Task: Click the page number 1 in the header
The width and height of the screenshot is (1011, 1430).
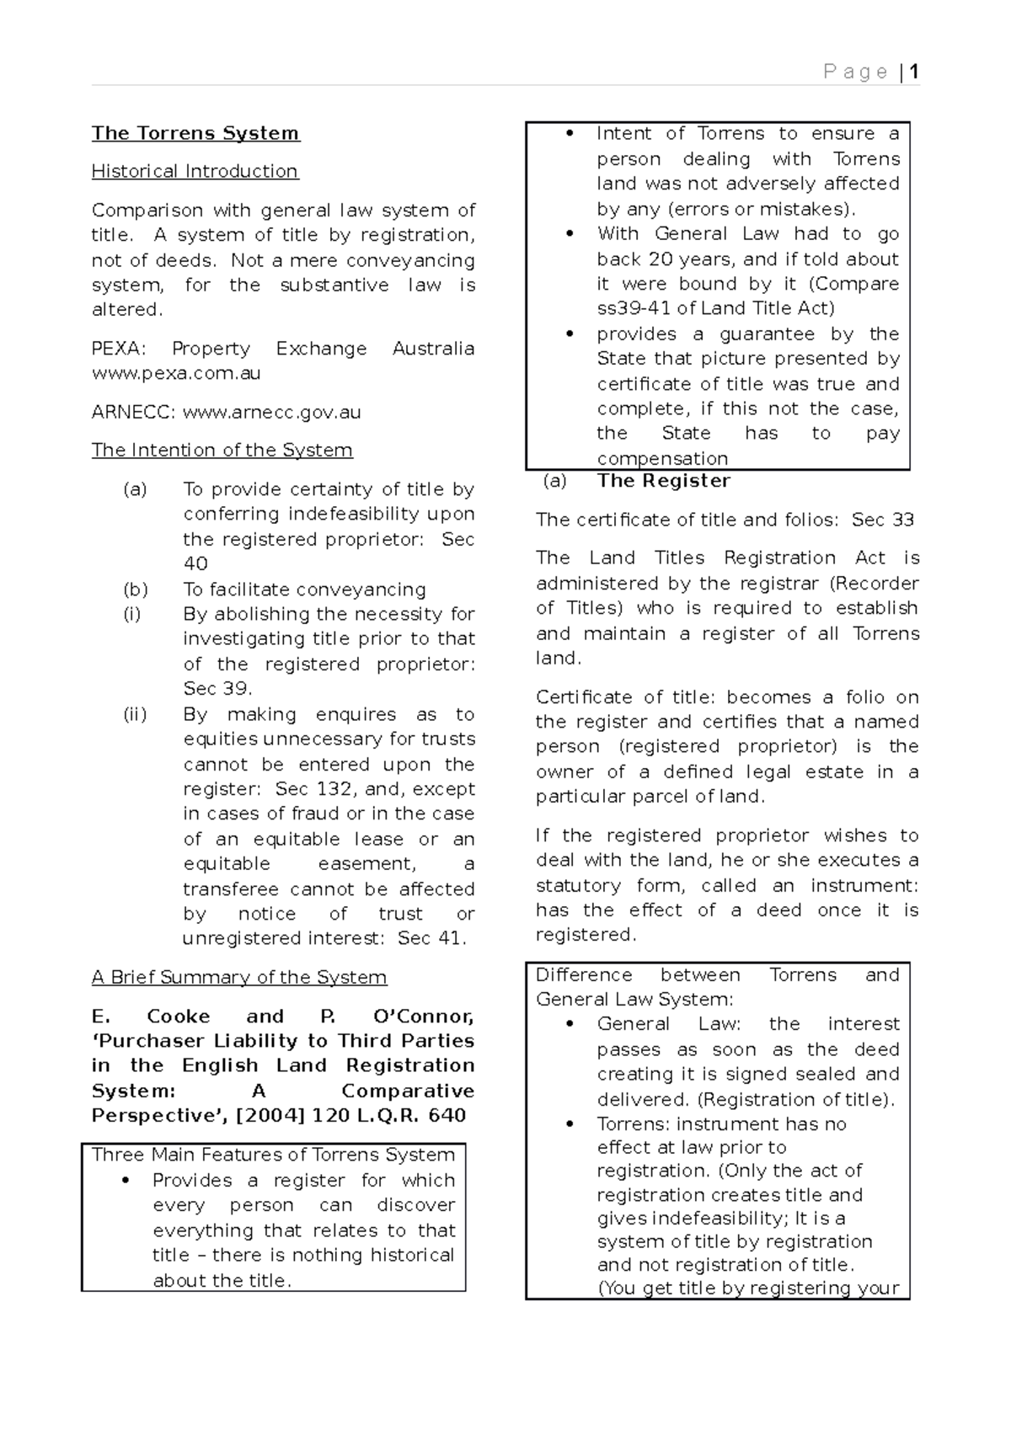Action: click(x=914, y=72)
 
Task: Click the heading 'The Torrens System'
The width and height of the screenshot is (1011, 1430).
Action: click(x=195, y=133)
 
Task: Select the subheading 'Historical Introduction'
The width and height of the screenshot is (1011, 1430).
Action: click(x=195, y=171)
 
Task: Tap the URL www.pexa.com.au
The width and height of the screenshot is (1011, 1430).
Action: click(x=176, y=373)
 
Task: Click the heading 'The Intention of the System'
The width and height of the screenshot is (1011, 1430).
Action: click(x=222, y=451)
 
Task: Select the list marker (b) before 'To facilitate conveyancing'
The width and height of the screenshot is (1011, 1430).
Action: click(x=135, y=590)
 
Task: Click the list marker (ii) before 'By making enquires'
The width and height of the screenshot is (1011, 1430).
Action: click(x=135, y=714)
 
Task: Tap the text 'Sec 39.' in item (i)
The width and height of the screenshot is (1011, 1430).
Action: click(x=217, y=689)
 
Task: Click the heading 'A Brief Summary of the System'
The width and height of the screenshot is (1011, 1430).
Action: click(x=239, y=978)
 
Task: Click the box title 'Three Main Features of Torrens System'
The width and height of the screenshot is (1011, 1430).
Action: click(x=273, y=1155)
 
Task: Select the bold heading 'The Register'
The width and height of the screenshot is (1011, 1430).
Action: click(x=663, y=481)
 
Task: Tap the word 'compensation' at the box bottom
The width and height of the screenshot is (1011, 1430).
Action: click(x=662, y=459)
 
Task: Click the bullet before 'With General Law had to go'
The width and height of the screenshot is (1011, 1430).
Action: click(x=570, y=234)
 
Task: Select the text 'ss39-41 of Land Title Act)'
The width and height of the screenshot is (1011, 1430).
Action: click(x=715, y=308)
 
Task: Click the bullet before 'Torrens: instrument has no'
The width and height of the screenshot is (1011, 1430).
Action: click(x=570, y=1124)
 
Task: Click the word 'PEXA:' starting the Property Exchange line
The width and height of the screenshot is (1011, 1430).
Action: click(x=116, y=349)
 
